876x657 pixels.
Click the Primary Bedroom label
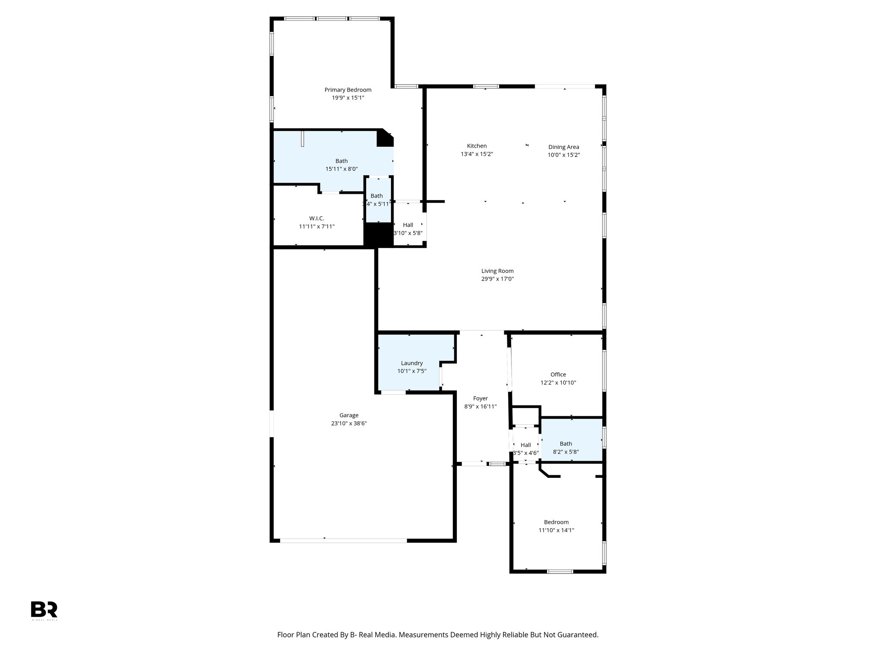[348, 90]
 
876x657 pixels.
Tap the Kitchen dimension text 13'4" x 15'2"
[476, 154]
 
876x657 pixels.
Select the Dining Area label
[563, 147]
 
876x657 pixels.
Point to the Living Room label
[497, 271]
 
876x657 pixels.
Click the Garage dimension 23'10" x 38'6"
[349, 423]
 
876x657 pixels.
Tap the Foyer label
[480, 398]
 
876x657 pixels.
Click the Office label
[558, 374]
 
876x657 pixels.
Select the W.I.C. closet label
[317, 218]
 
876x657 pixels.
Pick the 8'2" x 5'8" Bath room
[571, 441]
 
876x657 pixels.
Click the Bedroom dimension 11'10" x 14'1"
[556, 530]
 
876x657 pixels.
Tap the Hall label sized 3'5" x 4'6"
[525, 445]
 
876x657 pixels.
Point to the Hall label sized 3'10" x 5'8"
[408, 225]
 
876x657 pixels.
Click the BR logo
[44, 609]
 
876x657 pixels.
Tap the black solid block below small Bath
[378, 234]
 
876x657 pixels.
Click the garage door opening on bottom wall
[343, 541]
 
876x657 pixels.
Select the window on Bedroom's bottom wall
[560, 571]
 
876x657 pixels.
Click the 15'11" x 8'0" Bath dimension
[341, 169]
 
